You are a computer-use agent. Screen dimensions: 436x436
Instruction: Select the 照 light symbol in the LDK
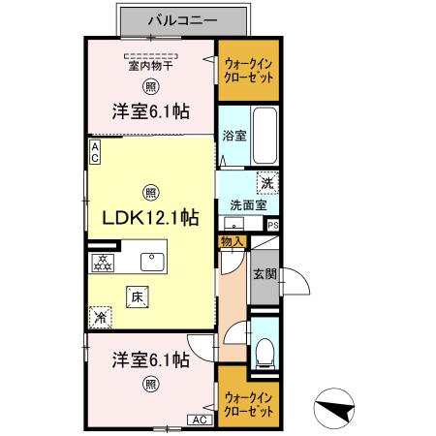150,191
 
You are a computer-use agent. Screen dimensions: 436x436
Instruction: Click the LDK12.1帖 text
150,217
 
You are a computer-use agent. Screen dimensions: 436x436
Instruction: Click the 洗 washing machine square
265,181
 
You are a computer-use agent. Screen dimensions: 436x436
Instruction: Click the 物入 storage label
231,241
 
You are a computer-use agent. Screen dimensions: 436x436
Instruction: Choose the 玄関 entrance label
264,274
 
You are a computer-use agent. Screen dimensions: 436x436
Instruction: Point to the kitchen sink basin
152,262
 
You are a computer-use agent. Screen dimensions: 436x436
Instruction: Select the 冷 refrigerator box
100,316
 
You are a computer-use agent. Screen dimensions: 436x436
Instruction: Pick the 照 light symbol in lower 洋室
150,385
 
